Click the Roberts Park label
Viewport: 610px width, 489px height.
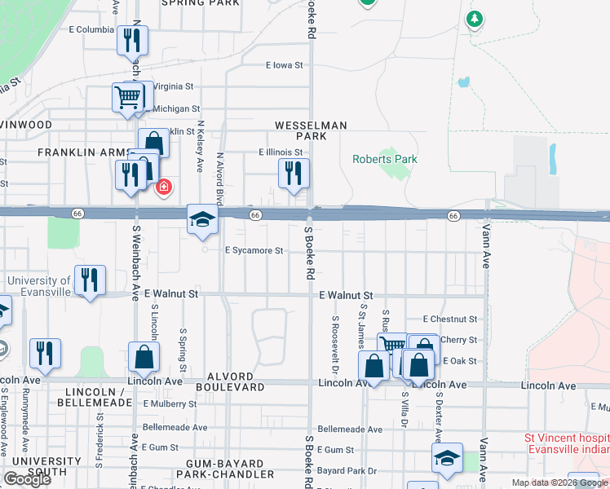click(384, 159)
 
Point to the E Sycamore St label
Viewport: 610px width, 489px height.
click(254, 251)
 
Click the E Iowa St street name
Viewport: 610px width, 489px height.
click(284, 65)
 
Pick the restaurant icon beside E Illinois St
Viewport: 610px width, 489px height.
click(294, 174)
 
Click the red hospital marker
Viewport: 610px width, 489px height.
click(163, 187)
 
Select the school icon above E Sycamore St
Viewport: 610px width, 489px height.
click(202, 219)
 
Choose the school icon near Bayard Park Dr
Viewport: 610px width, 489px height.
click(447, 459)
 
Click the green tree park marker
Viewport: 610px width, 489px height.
click(474, 18)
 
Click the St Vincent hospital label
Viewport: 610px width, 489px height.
click(566, 443)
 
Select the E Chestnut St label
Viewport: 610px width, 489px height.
click(449, 319)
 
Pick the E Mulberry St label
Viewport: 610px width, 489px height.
click(170, 403)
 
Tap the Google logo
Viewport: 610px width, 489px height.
click(27, 479)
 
